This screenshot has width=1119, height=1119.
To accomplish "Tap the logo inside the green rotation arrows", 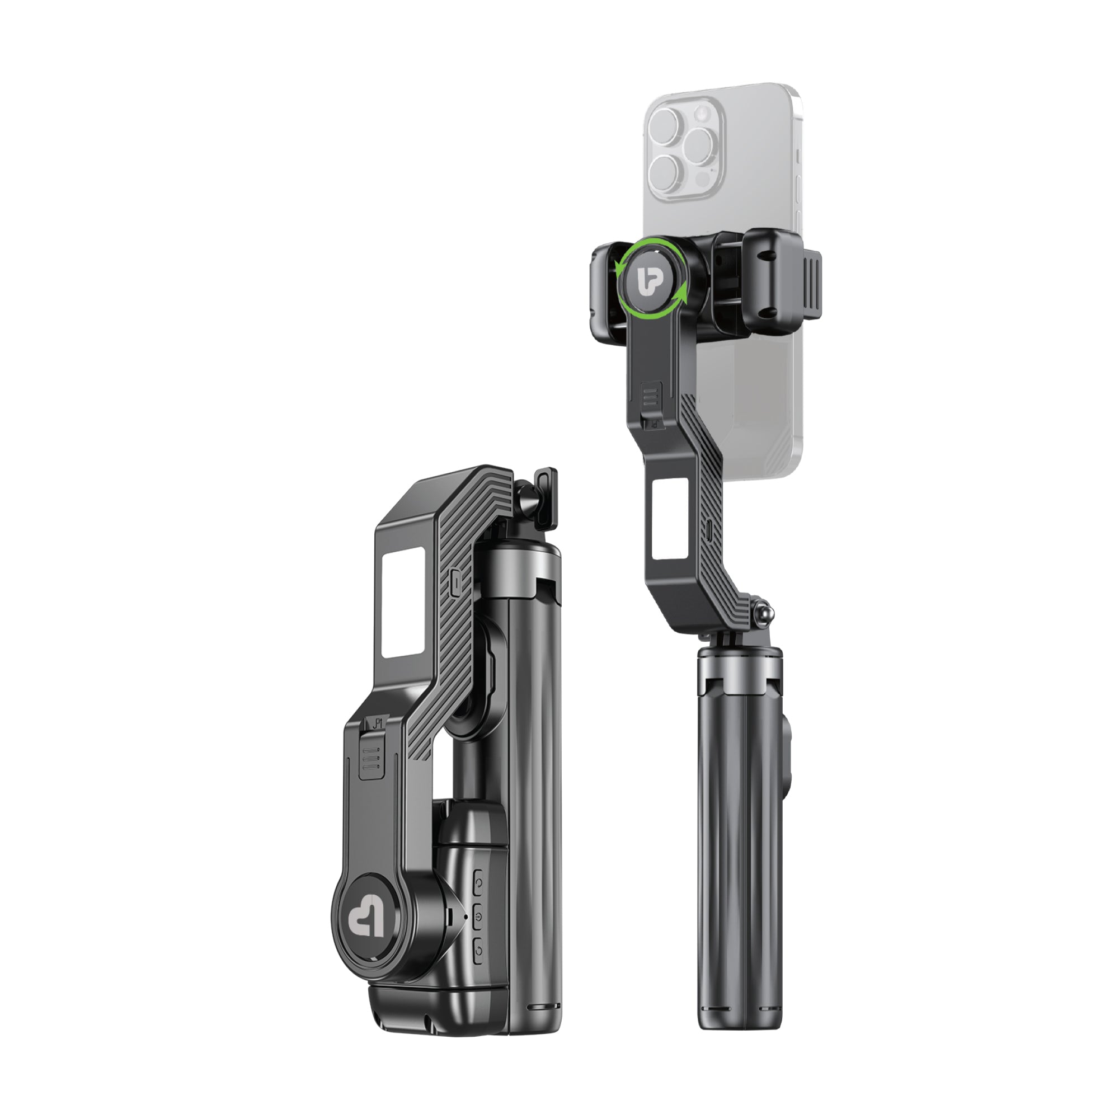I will pyautogui.click(x=651, y=280).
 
